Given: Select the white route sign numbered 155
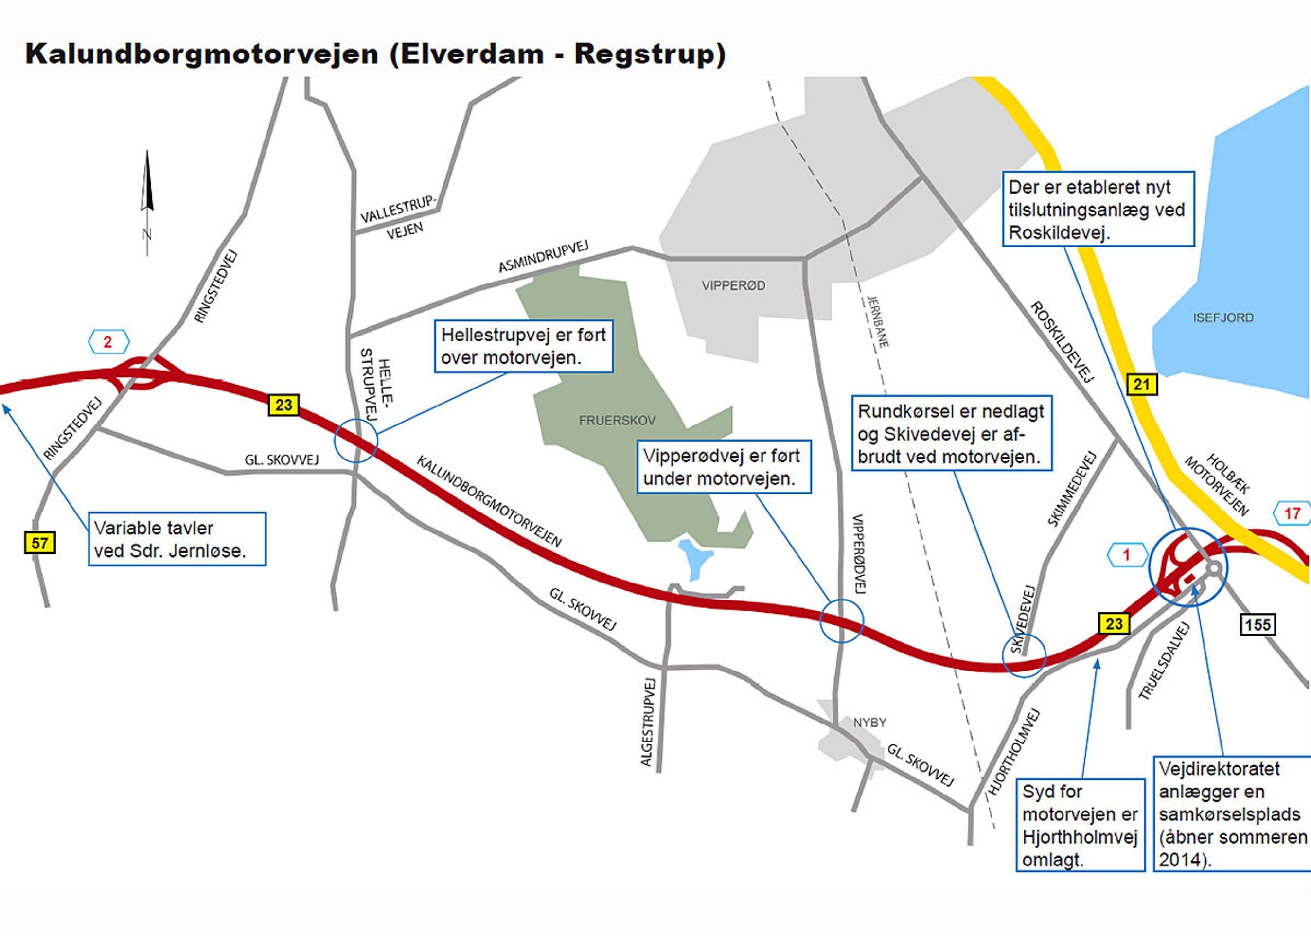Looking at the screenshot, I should (1257, 625).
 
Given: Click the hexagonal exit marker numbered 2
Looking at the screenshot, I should (108, 342).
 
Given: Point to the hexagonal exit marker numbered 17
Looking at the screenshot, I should (1292, 513).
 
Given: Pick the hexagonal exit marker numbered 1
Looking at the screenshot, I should (1126, 555).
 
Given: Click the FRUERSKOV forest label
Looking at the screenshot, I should (617, 420).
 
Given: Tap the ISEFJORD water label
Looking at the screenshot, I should (1223, 318).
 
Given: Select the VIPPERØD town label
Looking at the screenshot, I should (733, 285).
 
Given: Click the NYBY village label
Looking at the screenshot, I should (869, 723).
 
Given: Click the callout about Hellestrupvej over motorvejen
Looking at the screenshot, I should (523, 346).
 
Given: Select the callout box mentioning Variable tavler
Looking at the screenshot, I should (177, 539).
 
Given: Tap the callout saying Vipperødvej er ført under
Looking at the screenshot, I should (723, 467).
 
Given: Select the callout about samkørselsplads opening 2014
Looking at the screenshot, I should (1232, 814).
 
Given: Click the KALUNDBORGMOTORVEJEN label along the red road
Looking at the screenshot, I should (489, 500).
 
